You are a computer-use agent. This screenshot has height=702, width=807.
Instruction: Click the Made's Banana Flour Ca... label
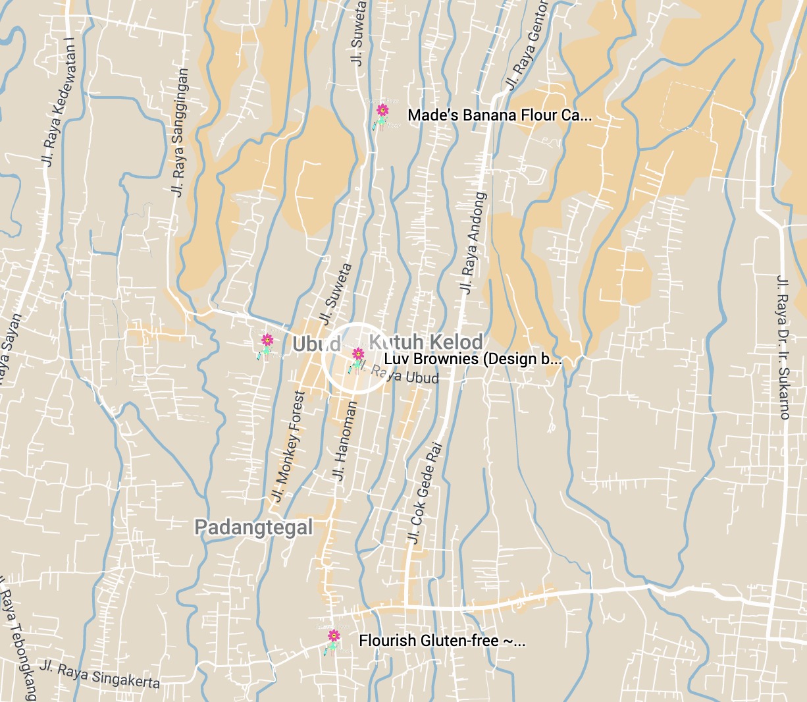pyautogui.click(x=499, y=116)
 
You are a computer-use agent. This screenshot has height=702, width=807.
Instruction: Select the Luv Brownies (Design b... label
pyautogui.click(x=472, y=360)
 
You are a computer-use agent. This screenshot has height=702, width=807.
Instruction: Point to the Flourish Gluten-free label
pyautogui.click(x=442, y=641)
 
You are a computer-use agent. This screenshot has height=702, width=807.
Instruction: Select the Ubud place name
pyautogui.click(x=316, y=344)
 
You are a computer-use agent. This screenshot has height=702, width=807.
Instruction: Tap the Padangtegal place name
pyautogui.click(x=253, y=527)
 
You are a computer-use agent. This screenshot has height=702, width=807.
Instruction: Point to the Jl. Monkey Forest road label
pyautogui.click(x=290, y=446)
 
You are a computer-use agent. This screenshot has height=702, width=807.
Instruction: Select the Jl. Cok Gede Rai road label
pyautogui.click(x=425, y=493)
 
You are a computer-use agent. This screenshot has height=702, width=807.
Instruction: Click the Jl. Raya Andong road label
pyautogui.click(x=473, y=242)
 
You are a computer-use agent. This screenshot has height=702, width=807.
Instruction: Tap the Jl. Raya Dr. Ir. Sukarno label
pyautogui.click(x=783, y=347)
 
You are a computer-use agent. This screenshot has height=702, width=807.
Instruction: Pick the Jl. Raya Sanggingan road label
pyautogui.click(x=179, y=132)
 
